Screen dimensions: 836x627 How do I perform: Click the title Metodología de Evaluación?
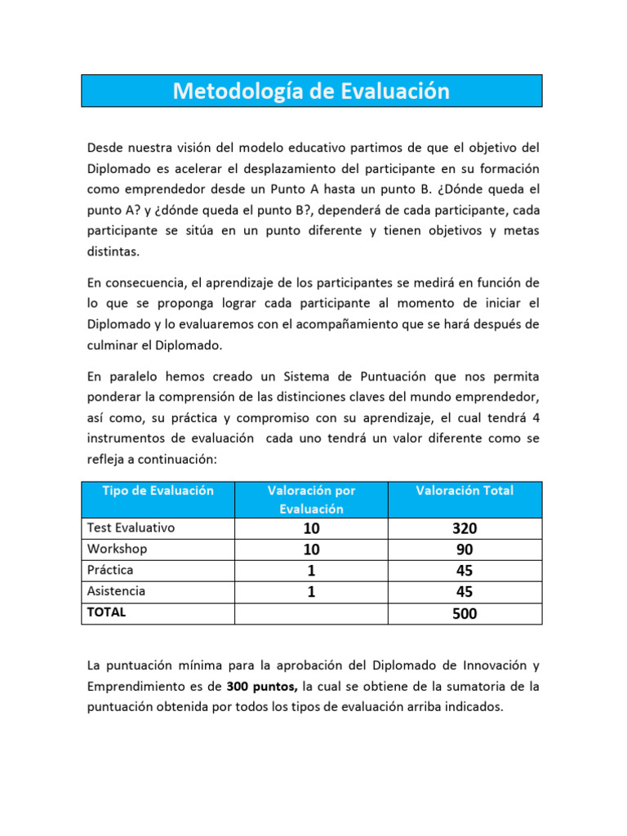point(311,91)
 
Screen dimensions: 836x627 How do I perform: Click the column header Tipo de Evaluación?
point(158,491)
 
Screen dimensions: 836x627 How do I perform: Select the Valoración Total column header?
point(465,491)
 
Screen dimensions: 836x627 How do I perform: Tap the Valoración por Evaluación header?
point(311,499)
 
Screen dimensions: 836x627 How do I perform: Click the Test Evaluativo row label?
point(131,527)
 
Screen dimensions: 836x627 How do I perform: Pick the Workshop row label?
point(117,549)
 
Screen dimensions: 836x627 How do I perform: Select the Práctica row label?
point(110,570)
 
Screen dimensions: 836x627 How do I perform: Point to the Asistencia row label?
point(116,591)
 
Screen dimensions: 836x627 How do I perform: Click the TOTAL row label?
point(107,612)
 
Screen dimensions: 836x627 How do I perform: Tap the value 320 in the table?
point(465,528)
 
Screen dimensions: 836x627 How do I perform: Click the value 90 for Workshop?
point(465,549)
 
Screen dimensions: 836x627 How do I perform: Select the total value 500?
point(465,613)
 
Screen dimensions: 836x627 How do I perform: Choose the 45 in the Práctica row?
point(465,571)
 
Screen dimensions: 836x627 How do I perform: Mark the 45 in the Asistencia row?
point(465,592)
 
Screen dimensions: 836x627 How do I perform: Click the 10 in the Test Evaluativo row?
point(311,528)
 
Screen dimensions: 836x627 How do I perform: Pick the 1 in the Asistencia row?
point(311,592)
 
